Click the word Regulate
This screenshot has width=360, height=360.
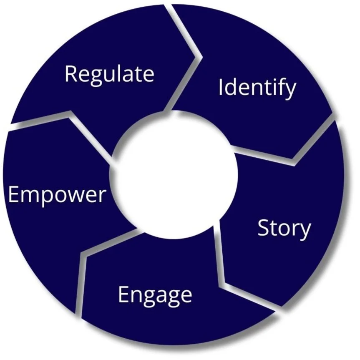tap(109, 74)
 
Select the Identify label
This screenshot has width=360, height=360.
tap(257, 88)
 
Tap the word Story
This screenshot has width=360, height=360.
tap(284, 229)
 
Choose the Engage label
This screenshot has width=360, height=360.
tap(155, 295)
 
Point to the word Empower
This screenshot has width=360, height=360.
tap(57, 194)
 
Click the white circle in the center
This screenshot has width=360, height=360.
tap(175, 175)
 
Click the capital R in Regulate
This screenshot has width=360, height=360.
tap(71, 74)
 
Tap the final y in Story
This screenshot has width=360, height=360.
tap(305, 230)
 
